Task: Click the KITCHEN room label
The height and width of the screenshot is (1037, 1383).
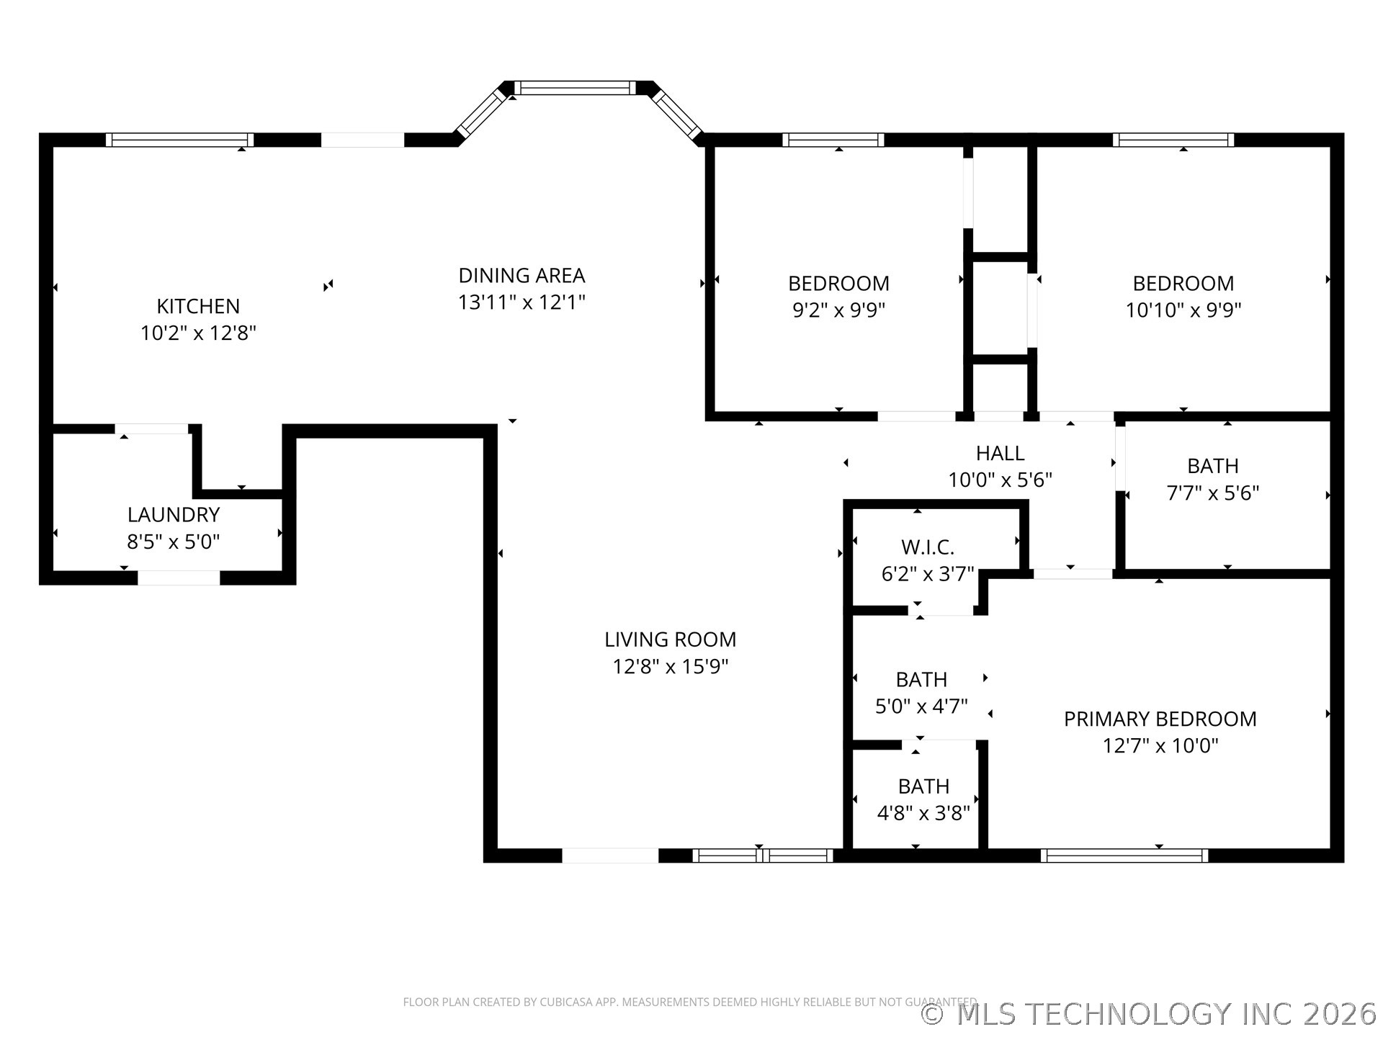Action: [198, 306]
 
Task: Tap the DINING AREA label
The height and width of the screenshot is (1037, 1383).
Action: [522, 275]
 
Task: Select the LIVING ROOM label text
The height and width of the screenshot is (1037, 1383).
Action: [670, 639]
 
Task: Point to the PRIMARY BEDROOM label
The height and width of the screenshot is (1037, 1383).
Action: [1160, 719]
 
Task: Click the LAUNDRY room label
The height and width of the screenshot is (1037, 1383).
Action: [174, 515]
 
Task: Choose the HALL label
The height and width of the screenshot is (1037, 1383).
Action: [1000, 453]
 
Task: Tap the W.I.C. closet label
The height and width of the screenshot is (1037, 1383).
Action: [928, 547]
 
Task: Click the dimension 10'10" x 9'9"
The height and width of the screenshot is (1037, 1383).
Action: [1183, 310]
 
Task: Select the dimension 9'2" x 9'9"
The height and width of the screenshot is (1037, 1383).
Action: [838, 310]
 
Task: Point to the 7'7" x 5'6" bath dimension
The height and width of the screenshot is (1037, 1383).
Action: [1213, 493]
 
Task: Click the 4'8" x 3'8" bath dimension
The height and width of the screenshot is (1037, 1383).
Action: [923, 813]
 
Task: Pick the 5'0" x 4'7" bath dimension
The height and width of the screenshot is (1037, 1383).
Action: [921, 706]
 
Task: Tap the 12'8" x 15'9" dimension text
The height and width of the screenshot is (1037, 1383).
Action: [670, 666]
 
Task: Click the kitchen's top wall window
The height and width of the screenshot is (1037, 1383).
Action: [179, 140]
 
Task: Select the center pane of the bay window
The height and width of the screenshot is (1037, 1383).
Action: [575, 88]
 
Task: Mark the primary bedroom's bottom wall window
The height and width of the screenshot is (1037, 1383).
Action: [1124, 856]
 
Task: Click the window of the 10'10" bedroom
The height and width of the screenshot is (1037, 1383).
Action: [1173, 140]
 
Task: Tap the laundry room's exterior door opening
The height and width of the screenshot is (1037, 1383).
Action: [179, 578]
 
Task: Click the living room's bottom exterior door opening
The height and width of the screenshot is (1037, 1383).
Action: [610, 856]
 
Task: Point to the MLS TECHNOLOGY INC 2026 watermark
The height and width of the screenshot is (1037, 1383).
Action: [1150, 1014]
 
